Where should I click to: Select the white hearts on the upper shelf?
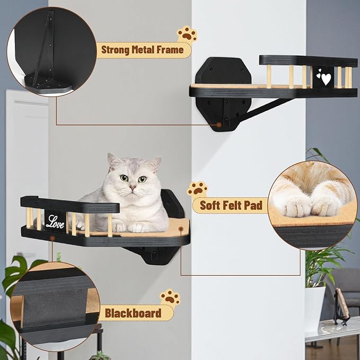tap(324, 78)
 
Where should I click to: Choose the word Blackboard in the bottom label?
tap(133, 313)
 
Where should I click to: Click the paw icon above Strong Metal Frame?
tap(187, 34)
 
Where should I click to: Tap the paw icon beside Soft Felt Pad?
tap(197, 189)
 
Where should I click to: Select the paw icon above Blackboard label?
tap(170, 297)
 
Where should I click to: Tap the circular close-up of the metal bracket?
tap(51, 51)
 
